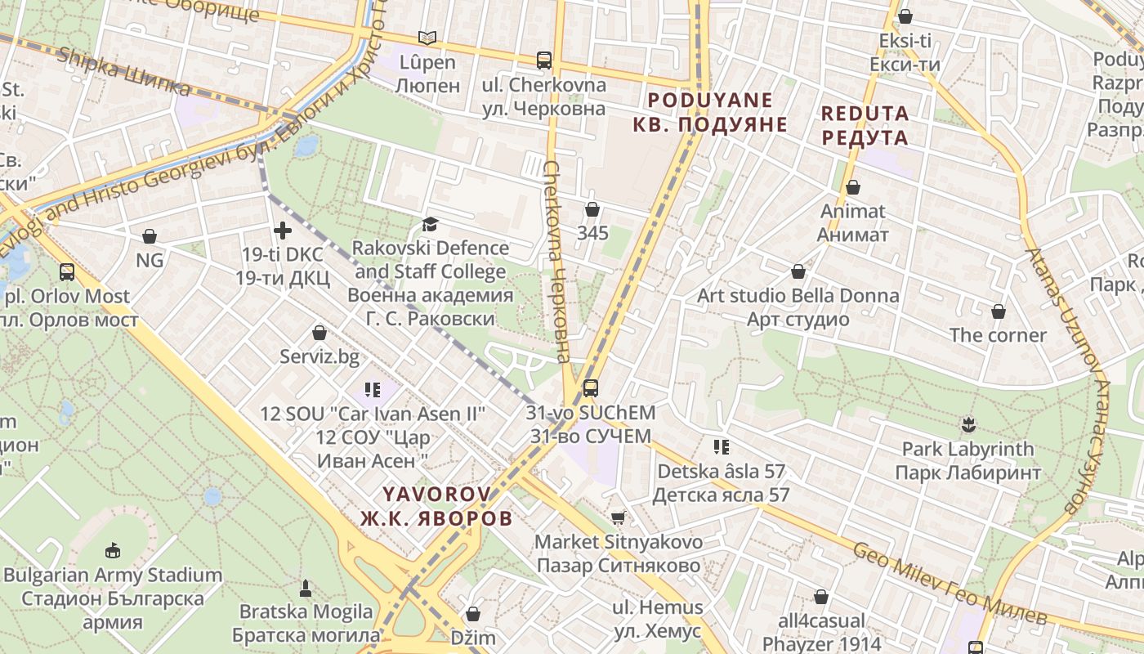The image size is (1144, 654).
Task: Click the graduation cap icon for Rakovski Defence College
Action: click(x=430, y=224)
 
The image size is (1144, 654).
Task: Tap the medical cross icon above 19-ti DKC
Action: click(x=283, y=231)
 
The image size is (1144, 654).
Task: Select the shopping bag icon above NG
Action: click(x=150, y=236)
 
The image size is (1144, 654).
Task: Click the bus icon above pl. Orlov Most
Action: click(x=67, y=271)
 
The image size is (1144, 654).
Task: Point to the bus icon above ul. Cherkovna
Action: click(x=544, y=60)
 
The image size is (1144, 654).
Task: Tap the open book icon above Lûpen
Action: click(x=427, y=38)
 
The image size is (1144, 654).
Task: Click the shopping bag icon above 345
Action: click(x=592, y=209)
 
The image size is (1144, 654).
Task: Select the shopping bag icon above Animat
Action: click(x=853, y=187)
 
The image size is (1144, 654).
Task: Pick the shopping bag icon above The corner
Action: click(x=998, y=311)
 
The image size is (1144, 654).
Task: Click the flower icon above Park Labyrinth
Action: click(x=969, y=424)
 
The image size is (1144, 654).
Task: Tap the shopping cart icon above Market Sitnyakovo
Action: click(x=619, y=517)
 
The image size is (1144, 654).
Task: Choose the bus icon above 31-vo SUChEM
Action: click(x=590, y=388)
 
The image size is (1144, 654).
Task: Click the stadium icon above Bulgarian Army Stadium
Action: click(x=113, y=550)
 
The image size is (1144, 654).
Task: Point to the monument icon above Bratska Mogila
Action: click(x=306, y=587)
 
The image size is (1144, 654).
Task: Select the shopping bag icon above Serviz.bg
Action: click(x=320, y=333)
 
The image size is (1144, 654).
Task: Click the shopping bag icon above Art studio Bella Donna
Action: click(x=798, y=271)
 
